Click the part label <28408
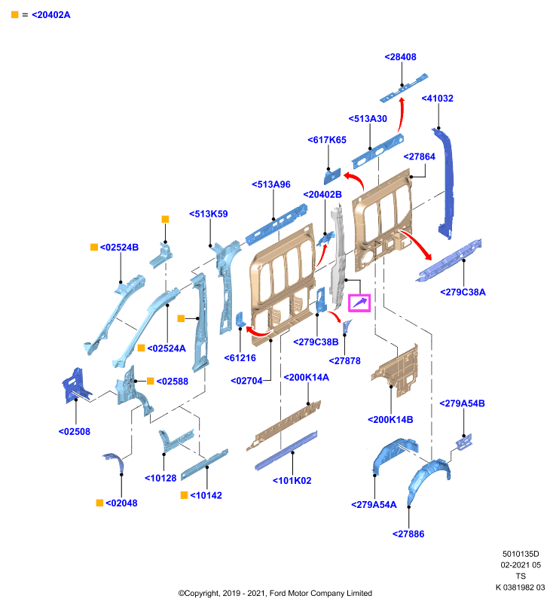click(x=400, y=57)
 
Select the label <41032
click(x=437, y=99)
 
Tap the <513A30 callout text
click(x=368, y=119)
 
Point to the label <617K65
click(x=327, y=140)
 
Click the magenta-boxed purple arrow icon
click(x=359, y=303)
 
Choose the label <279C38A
click(x=463, y=292)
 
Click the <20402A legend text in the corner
click(x=50, y=15)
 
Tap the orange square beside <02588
click(x=150, y=381)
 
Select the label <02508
click(x=74, y=431)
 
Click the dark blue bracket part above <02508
click(x=75, y=385)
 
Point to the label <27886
click(x=408, y=534)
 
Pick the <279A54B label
click(x=462, y=403)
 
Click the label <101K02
click(x=292, y=481)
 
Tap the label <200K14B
click(x=390, y=420)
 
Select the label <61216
click(x=240, y=358)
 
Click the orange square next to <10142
click(x=184, y=495)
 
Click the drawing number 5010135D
click(x=521, y=554)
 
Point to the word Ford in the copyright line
click(x=277, y=593)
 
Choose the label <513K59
click(x=208, y=214)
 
